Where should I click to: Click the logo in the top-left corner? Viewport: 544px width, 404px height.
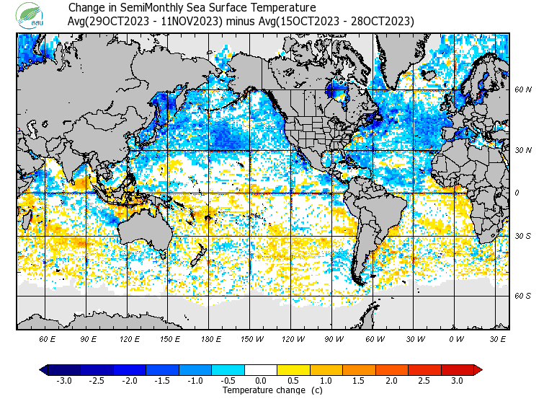(x=32, y=14)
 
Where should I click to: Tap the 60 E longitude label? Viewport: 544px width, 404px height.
(x=48, y=338)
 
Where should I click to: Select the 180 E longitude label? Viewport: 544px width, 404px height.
(x=210, y=338)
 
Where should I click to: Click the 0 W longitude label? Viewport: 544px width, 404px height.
(x=456, y=338)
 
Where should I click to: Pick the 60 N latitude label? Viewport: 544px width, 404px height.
(x=523, y=90)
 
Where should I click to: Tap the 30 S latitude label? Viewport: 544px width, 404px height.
(x=523, y=237)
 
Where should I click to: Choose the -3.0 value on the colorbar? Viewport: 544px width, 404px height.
(x=63, y=381)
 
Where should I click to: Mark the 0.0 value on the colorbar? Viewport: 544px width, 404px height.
(x=261, y=381)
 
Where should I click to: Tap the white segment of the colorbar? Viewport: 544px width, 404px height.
(x=261, y=369)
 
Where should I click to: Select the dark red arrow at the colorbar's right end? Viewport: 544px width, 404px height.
(x=478, y=369)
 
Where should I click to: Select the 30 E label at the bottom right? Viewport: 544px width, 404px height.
(x=498, y=338)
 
